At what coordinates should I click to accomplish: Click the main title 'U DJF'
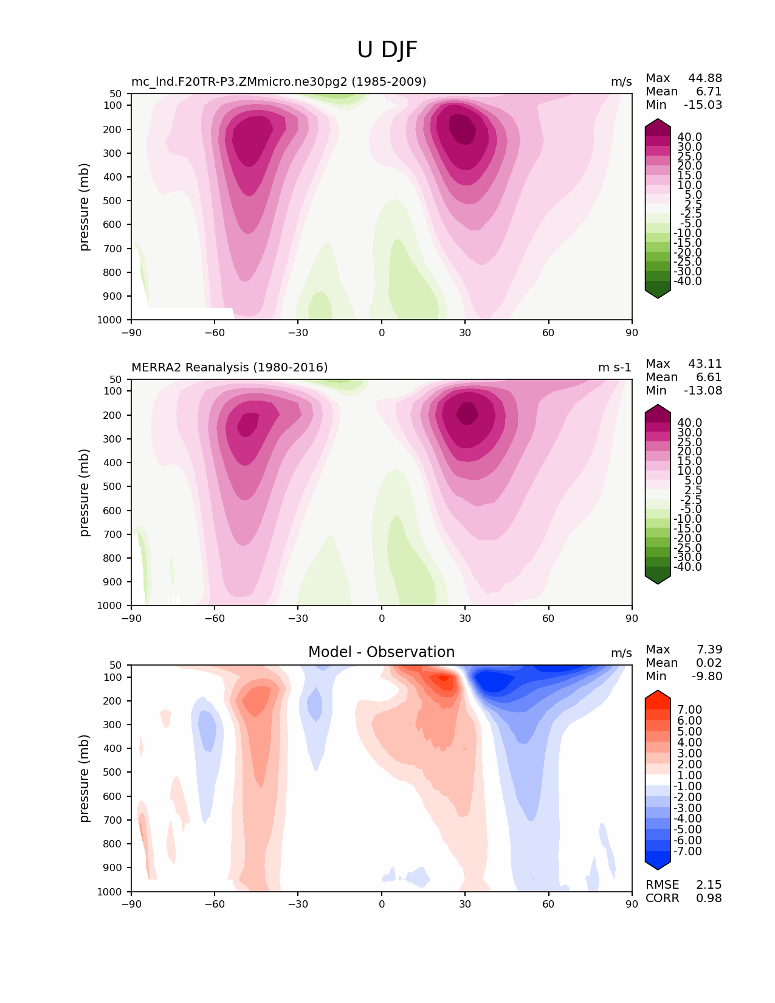pyautogui.click(x=387, y=50)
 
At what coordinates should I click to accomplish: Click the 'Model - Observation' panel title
pyautogui.click(x=381, y=652)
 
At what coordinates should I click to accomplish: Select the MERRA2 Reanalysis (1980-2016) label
pyautogui.click(x=229, y=367)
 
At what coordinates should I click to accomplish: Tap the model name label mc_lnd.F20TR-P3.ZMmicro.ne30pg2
pyautogui.click(x=278, y=81)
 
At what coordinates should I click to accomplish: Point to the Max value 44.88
pyautogui.click(x=705, y=78)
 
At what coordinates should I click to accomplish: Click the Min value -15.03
pyautogui.click(x=703, y=105)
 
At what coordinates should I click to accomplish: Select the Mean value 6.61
pyautogui.click(x=709, y=377)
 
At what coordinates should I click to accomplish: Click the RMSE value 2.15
pyautogui.click(x=709, y=884)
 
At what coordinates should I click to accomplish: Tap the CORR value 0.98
pyautogui.click(x=709, y=898)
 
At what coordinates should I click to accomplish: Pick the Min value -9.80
pyautogui.click(x=707, y=676)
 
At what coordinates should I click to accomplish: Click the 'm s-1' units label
pyautogui.click(x=615, y=367)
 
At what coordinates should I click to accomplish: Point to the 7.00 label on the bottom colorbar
pyautogui.click(x=689, y=709)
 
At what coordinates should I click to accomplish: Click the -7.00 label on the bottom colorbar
pyautogui.click(x=687, y=851)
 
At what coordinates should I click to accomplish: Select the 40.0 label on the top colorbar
pyautogui.click(x=689, y=137)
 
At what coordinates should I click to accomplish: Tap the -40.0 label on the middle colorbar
pyautogui.click(x=687, y=567)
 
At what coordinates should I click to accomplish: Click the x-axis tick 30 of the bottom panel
pyautogui.click(x=465, y=904)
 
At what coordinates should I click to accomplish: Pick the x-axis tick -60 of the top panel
pyautogui.click(x=214, y=333)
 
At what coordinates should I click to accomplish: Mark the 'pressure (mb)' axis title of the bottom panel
pyautogui.click(x=84, y=778)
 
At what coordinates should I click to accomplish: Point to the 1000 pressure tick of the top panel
pyautogui.click(x=109, y=320)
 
